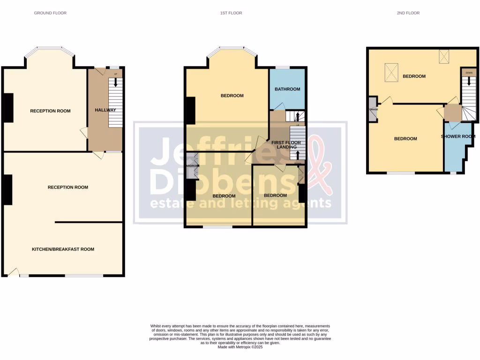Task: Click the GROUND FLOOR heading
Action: [50, 13]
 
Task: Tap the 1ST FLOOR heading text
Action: [231, 13]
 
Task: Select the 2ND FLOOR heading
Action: [408, 13]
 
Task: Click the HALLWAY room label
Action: [105, 110]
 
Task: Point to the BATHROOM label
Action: [287, 89]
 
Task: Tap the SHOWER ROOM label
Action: [458, 137]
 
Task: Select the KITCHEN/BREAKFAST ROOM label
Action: [63, 249]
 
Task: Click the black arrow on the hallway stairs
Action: [116, 82]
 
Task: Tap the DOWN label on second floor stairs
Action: [468, 73]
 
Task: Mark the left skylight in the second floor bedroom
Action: [392, 72]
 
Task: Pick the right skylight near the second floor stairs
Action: [444, 56]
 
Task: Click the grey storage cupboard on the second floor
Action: [373, 109]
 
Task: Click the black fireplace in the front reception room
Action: [8, 108]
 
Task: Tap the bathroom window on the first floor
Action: [282, 67]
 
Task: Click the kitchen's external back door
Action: [13, 271]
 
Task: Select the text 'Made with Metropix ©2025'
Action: [240, 347]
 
